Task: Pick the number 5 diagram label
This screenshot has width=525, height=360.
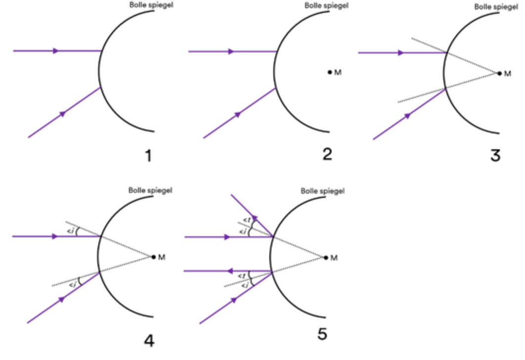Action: point(322,335)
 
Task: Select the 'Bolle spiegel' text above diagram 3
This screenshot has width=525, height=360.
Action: point(496,7)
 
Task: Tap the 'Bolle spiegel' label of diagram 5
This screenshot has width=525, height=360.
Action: point(323,191)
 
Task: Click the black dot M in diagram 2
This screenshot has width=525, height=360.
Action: point(330,72)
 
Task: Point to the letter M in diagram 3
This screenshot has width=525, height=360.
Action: point(507,73)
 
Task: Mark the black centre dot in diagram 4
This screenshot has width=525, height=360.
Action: point(154,257)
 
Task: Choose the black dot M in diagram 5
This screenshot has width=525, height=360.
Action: point(325,258)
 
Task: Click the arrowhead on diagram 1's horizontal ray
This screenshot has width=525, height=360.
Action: point(56,50)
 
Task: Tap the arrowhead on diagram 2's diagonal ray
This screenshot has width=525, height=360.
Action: point(237,114)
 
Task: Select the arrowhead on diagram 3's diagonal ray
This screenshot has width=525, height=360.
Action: point(408,116)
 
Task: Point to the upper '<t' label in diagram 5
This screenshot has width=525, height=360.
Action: point(246,221)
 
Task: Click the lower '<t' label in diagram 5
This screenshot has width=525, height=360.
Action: point(243,275)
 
